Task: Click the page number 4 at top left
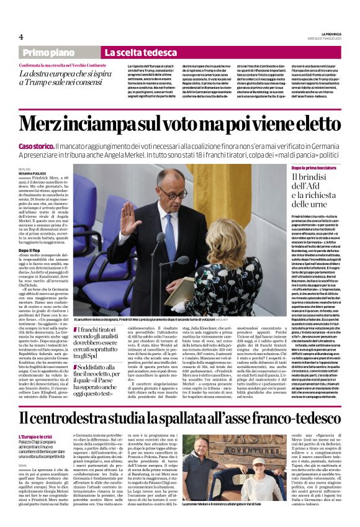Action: click(x=22, y=37)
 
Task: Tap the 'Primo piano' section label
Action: click(x=48, y=53)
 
